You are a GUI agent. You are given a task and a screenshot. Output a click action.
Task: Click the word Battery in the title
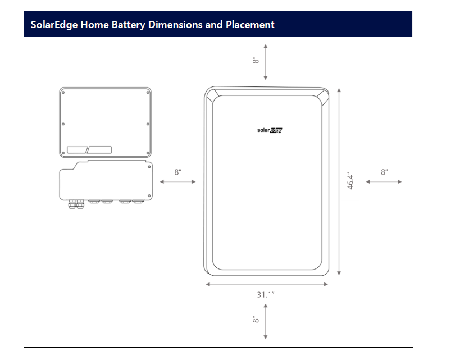tap(128, 25)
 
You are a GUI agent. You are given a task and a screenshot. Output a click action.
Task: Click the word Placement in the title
tap(250, 25)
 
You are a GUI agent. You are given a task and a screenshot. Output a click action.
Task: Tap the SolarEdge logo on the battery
tap(270, 130)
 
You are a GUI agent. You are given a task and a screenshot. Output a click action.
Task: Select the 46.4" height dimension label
tap(350, 181)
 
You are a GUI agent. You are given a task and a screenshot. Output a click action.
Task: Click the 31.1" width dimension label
tap(266, 295)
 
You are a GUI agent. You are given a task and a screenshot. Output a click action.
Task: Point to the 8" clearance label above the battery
tap(256, 60)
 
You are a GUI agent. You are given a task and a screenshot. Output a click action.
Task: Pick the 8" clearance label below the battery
tap(256, 320)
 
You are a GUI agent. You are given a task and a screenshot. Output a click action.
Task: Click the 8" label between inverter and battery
tap(177, 172)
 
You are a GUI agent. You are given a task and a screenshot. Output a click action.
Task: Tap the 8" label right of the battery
tap(384, 172)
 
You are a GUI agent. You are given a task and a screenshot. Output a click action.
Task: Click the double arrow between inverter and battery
tap(177, 182)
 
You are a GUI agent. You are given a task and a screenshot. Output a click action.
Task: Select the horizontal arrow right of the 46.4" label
tap(384, 182)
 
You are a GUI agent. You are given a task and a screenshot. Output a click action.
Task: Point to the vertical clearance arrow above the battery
tap(266, 62)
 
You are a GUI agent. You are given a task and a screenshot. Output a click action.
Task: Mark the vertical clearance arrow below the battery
tap(266, 321)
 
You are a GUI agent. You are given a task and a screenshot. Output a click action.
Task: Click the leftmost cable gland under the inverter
tap(72, 204)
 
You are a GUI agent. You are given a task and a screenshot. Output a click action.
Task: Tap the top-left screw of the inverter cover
tap(63, 92)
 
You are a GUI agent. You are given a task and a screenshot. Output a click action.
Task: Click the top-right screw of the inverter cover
tap(148, 92)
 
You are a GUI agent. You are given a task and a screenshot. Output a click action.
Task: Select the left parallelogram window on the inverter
tap(77, 150)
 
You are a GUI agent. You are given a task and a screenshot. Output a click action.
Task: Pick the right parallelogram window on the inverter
tap(99, 150)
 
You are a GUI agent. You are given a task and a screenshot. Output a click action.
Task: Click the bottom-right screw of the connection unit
tap(149, 196)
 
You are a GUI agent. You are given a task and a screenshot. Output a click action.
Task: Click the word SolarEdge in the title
tap(54, 25)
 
